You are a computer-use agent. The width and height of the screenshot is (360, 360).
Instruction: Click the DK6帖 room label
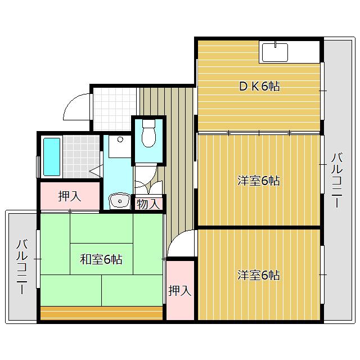point(259,87)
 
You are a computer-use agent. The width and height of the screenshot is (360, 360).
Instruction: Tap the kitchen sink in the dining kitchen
point(275,52)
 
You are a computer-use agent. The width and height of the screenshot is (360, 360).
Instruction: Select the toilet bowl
point(148,133)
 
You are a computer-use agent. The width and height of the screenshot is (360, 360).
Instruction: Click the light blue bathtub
point(52,157)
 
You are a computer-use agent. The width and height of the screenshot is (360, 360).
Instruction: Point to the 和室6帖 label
point(101,259)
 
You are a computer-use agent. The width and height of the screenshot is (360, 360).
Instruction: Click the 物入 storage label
point(148,204)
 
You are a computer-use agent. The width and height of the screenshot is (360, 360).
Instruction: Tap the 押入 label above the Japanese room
point(70,196)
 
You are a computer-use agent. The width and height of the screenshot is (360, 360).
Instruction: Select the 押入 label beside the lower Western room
point(180,291)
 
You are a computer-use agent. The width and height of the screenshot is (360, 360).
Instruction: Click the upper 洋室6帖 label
point(259,181)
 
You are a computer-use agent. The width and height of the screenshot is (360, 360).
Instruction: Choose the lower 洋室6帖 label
point(259,275)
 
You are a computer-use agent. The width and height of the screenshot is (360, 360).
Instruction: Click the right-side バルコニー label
point(337,180)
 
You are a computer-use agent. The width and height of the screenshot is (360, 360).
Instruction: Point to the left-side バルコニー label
point(22,267)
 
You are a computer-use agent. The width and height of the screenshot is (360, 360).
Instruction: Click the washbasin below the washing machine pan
point(120,201)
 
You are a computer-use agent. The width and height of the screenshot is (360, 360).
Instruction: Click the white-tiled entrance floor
point(115,109)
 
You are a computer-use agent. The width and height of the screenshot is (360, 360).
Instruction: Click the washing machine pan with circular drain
point(120,146)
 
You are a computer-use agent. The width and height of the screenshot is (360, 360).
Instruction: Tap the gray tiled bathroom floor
point(81,156)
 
